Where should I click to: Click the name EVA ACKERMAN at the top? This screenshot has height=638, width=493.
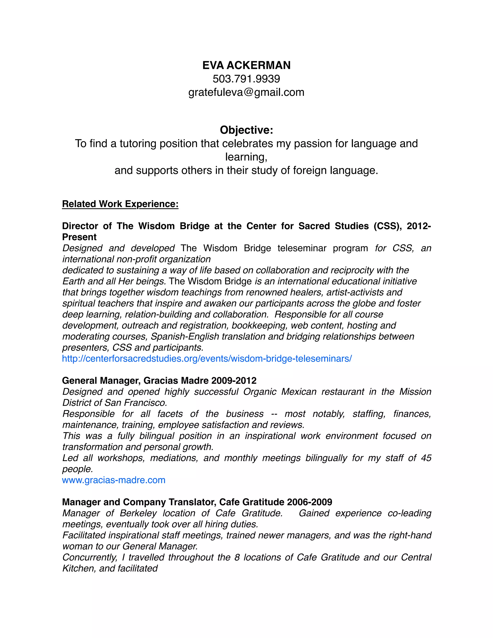[x=246, y=65]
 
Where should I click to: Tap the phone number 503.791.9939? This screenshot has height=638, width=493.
[x=246, y=79]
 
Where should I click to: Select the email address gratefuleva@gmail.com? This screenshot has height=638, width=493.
[x=246, y=92]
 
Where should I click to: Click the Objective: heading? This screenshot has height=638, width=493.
[x=246, y=130]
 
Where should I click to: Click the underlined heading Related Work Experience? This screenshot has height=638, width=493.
[x=120, y=204]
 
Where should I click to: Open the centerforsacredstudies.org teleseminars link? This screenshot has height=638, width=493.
[x=207, y=358]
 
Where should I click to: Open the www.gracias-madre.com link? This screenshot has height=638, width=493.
[x=114, y=480]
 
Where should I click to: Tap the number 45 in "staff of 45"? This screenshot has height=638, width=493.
[x=426, y=458]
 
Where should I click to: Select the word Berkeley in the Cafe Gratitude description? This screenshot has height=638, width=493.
[x=138, y=513]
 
